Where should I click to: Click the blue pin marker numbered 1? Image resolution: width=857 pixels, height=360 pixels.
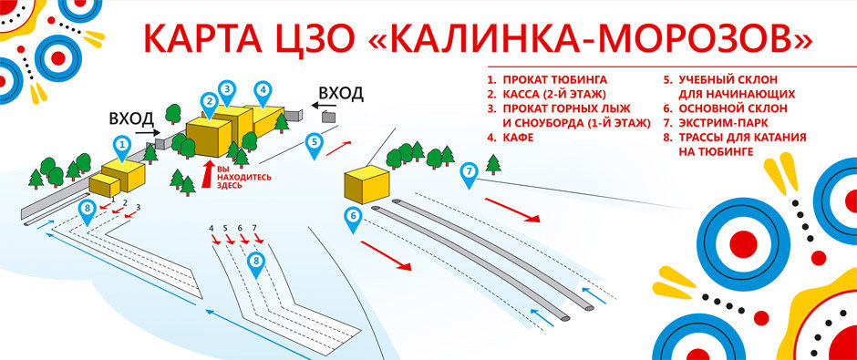coord(122,144)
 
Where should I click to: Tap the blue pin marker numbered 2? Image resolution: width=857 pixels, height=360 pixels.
coord(210,101)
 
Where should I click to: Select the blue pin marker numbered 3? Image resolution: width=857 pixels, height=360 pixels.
coord(227,90)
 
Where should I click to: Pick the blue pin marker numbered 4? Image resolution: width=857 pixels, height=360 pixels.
coord(263,91)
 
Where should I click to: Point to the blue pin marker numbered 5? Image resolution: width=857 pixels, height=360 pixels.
coord(314,143)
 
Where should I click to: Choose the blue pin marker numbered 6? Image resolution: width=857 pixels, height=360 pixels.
coord(353,217)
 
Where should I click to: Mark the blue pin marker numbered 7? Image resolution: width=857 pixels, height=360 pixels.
coord(470,171)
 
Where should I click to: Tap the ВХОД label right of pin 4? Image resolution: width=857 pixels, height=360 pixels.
coord(342,93)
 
